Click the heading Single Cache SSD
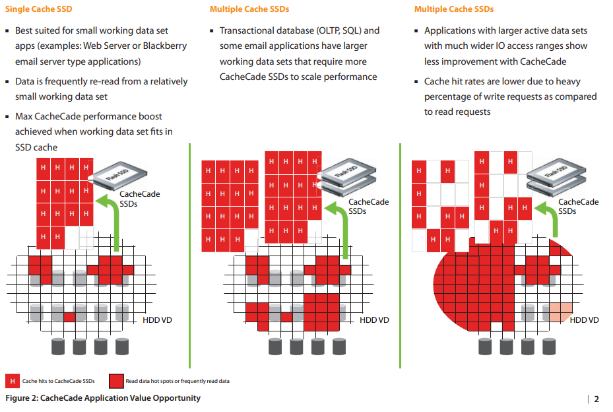click(x=38, y=9)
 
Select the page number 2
click(x=597, y=399)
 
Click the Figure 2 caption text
click(x=103, y=398)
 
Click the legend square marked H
click(x=12, y=381)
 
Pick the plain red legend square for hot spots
click(x=117, y=381)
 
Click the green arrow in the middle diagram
click(x=340, y=228)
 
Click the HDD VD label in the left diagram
click(x=157, y=320)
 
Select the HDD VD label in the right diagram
click(x=584, y=320)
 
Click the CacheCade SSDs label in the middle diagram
click(x=368, y=207)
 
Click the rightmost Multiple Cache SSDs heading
click(x=454, y=9)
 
